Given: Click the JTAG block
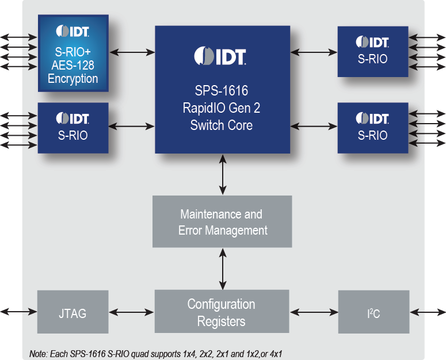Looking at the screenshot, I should [x=73, y=312].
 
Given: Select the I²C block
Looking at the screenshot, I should [x=373, y=312].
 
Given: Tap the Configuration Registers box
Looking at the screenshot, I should [x=222, y=312].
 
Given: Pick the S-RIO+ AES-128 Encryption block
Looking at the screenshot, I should [x=73, y=53].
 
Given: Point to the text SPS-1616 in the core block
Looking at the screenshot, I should [x=222, y=90].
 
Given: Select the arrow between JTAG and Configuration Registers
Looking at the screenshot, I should [x=131, y=312].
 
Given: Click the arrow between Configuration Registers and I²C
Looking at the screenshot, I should [x=314, y=312].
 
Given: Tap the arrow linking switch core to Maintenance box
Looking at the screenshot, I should [x=223, y=174].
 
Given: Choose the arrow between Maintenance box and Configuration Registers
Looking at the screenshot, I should [x=223, y=269].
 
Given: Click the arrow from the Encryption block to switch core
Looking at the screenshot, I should [x=132, y=52].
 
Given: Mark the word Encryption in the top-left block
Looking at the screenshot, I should [x=73, y=79].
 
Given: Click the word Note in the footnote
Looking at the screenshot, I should [x=39, y=352].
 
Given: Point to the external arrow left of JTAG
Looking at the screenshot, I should [x=18, y=312].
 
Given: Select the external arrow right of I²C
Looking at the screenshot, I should [x=427, y=312].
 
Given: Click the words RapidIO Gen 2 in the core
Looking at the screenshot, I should [x=222, y=108].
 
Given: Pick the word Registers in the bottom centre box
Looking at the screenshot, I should [x=222, y=321].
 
